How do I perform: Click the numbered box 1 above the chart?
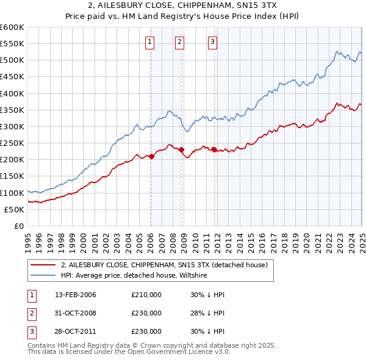150,42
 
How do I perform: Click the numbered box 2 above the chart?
180,42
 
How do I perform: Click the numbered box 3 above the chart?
212,42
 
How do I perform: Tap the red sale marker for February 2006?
152,156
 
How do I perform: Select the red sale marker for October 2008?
182,149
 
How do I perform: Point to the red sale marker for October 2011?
215,149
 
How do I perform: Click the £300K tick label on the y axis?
12,126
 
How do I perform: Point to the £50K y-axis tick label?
15,209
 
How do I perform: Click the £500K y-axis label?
12,60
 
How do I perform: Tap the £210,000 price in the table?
146,295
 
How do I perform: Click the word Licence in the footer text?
187,351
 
